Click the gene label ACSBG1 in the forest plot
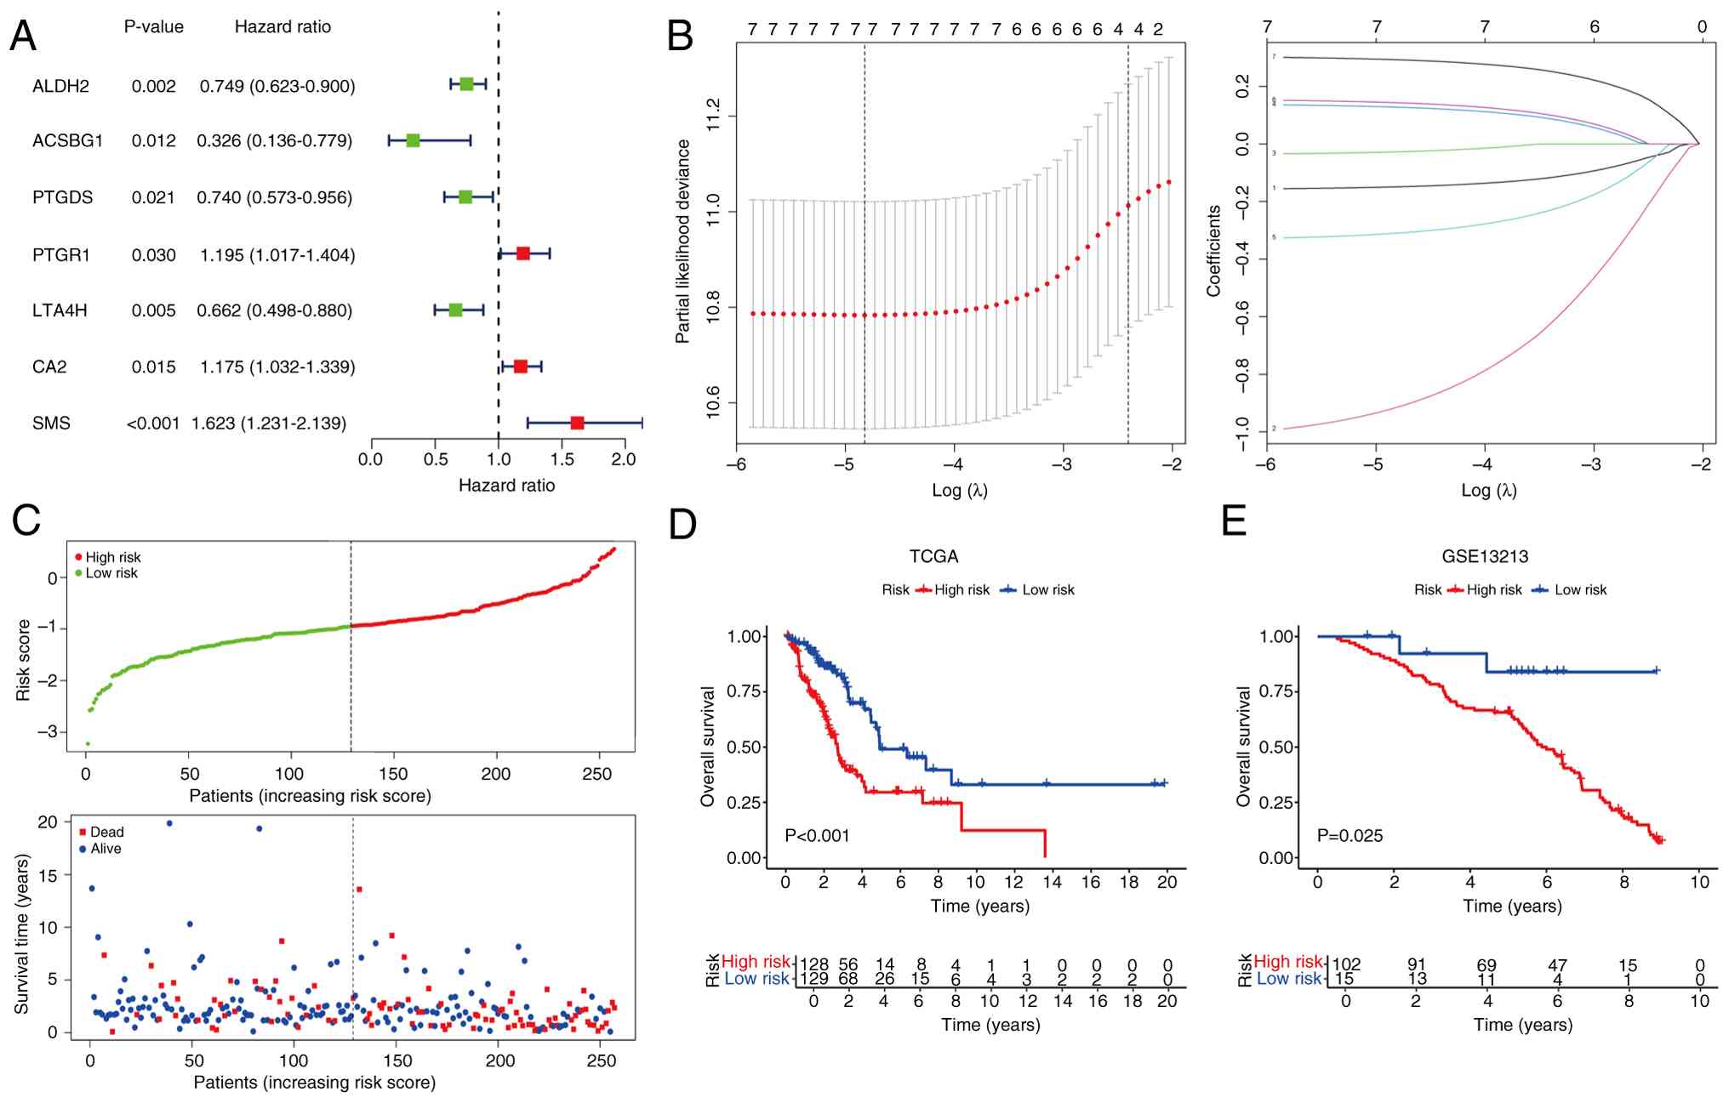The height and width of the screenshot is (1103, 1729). pyautogui.click(x=67, y=140)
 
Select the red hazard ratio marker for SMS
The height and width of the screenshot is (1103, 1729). pyautogui.click(x=577, y=423)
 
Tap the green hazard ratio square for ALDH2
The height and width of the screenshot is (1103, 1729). pyautogui.click(x=466, y=84)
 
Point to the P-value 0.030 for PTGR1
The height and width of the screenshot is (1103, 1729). pyautogui.click(x=153, y=255)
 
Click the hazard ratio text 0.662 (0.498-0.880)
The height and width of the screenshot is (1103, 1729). pyautogui.click(x=274, y=310)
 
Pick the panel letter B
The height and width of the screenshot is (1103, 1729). pyautogui.click(x=680, y=37)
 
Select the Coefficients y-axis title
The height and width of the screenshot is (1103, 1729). pyautogui.click(x=1213, y=251)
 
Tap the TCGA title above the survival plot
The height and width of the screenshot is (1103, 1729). pyautogui.click(x=933, y=556)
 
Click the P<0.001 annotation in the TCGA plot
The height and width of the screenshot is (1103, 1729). pyautogui.click(x=817, y=836)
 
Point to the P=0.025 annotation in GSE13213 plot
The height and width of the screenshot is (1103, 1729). pyautogui.click(x=1350, y=836)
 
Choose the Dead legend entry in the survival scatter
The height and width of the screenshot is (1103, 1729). pyautogui.click(x=106, y=832)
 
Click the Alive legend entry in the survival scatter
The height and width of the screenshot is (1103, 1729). pyautogui.click(x=106, y=849)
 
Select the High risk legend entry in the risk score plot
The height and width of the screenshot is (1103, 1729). pyautogui.click(x=112, y=557)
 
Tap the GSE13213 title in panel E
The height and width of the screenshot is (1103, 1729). pyautogui.click(x=1485, y=556)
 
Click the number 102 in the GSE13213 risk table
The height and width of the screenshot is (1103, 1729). pyautogui.click(x=1346, y=965)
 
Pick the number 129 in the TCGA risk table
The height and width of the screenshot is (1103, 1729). pyautogui.click(x=814, y=979)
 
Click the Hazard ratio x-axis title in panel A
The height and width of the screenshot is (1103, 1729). pyautogui.click(x=506, y=486)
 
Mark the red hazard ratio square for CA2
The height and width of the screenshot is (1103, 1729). pyautogui.click(x=520, y=367)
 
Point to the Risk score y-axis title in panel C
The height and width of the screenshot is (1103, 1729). pyautogui.click(x=23, y=661)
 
